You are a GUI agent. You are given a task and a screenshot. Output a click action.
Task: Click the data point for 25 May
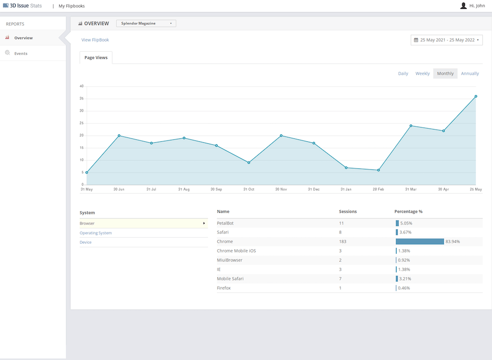476,97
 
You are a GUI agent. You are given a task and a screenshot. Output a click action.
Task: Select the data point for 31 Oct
249,163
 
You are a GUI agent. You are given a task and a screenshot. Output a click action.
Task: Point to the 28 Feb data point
378,170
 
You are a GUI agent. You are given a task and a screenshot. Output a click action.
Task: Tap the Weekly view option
422,73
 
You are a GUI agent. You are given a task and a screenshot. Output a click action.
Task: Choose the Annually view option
470,73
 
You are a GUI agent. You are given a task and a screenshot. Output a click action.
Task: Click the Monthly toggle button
445,73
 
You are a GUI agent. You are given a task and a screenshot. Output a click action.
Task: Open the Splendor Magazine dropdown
146,23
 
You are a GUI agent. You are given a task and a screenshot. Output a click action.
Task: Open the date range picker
447,40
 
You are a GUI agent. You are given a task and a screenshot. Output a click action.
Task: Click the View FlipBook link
95,40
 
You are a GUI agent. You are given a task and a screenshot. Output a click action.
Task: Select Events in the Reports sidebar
21,53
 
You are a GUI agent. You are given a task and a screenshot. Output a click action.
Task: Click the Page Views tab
96,58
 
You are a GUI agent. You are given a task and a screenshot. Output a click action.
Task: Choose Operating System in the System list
96,233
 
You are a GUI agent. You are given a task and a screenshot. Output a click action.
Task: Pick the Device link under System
86,242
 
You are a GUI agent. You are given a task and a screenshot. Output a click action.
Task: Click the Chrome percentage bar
420,242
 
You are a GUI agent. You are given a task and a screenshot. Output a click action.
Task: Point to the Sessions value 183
342,242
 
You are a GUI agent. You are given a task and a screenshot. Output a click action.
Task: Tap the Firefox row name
224,288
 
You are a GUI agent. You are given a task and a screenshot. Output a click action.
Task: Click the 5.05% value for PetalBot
406,224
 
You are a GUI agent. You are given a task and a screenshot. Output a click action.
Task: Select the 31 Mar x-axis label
411,189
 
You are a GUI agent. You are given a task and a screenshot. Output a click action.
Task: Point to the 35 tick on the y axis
82,98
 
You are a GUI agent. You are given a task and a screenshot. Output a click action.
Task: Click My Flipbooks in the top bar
71,6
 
